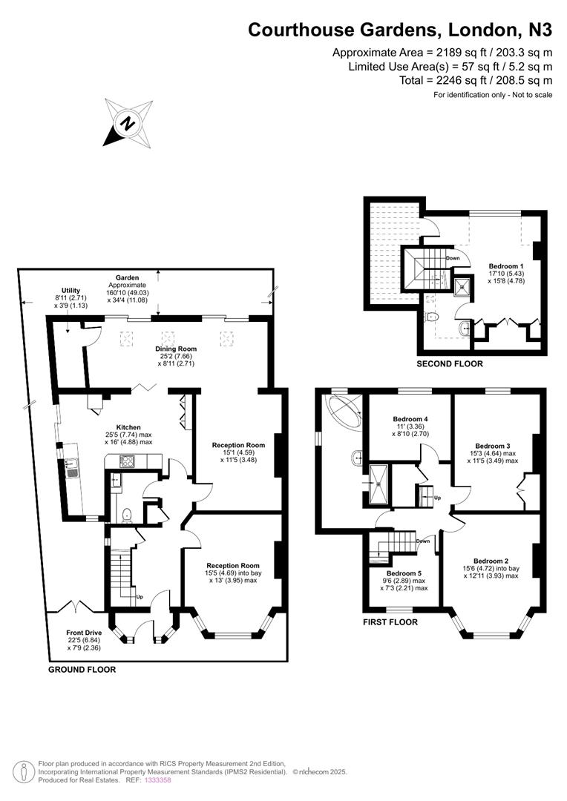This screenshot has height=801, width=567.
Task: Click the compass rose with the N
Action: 128,123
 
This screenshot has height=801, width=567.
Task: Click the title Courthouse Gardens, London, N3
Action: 400,30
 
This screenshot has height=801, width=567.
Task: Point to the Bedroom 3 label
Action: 491,446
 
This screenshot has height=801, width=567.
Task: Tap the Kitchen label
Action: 128,427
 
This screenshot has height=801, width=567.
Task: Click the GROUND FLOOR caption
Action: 82,669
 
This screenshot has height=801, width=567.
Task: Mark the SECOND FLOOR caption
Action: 449,364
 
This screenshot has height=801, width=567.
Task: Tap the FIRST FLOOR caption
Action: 390,622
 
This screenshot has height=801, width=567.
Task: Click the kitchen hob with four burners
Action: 123,461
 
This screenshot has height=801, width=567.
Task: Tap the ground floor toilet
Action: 126,514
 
